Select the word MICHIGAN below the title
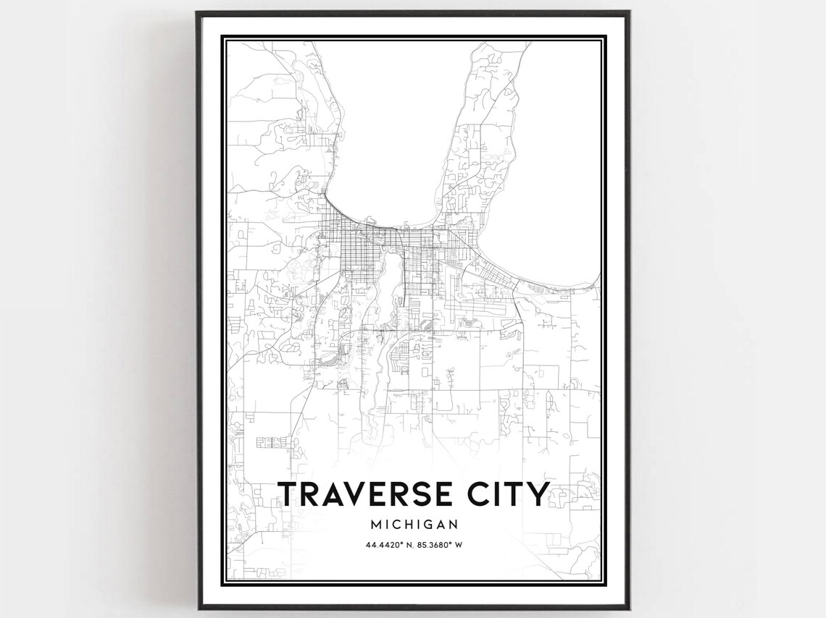click(414, 523)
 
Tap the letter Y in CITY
click(537, 494)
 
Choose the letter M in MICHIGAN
click(375, 523)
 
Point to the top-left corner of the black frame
click(197, 12)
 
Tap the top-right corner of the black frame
click(628, 12)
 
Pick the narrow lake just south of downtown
click(383, 289)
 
